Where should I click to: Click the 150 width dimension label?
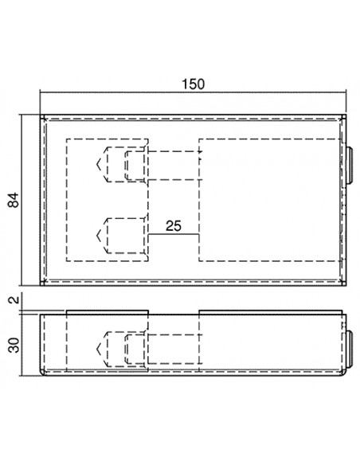193,84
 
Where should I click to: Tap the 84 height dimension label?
14,200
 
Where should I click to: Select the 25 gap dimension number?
174,226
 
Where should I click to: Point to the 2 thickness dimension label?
14,299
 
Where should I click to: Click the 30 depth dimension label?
14,345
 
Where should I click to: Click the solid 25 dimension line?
174,234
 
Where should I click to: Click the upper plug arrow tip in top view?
96,164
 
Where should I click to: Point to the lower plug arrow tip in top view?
96,236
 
